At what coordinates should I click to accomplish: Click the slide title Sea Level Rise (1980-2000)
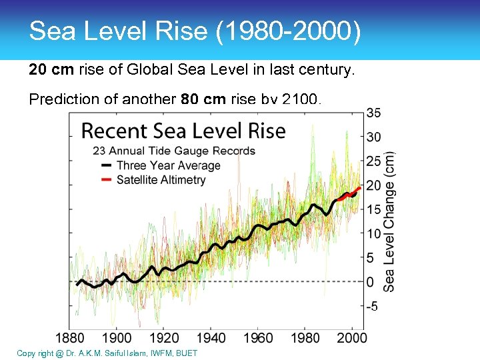click(x=195, y=32)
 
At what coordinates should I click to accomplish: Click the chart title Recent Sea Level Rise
click(x=183, y=131)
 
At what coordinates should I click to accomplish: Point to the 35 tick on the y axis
click(x=374, y=113)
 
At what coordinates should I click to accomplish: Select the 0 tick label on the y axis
click(x=371, y=282)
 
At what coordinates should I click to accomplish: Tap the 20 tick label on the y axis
click(x=374, y=185)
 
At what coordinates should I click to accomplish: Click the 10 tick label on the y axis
click(x=374, y=234)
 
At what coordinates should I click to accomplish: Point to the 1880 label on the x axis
click(x=70, y=338)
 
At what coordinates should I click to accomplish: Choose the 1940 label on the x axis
click(x=211, y=338)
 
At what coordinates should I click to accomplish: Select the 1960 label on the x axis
click(x=258, y=338)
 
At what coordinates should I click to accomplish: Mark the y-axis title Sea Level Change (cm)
click(x=389, y=221)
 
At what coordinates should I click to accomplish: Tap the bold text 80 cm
click(x=203, y=100)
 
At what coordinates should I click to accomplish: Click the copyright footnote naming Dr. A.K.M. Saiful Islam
click(x=107, y=353)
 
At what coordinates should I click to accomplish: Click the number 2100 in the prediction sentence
click(x=301, y=100)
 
